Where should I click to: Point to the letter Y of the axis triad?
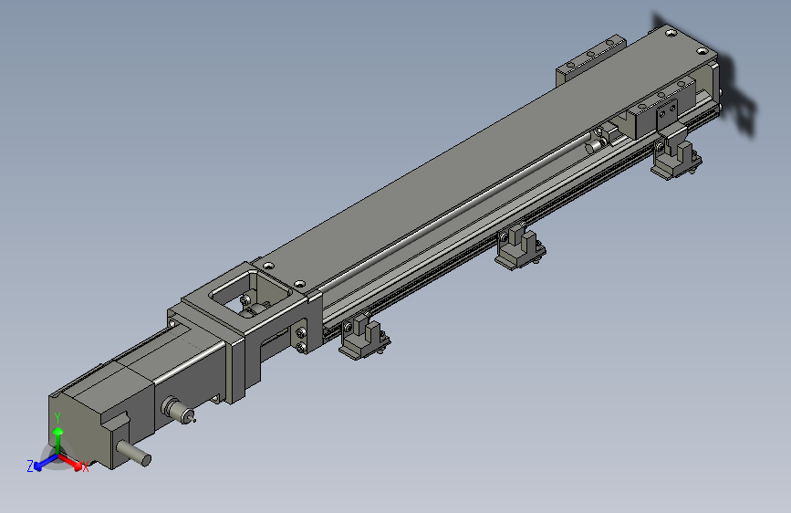click(57, 416)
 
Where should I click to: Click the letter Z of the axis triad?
click(30, 466)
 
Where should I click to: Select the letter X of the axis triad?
click(86, 468)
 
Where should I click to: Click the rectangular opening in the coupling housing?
click(245, 297)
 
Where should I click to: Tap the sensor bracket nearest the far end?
click(676, 156)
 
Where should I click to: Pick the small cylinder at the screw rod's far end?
click(598, 143)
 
